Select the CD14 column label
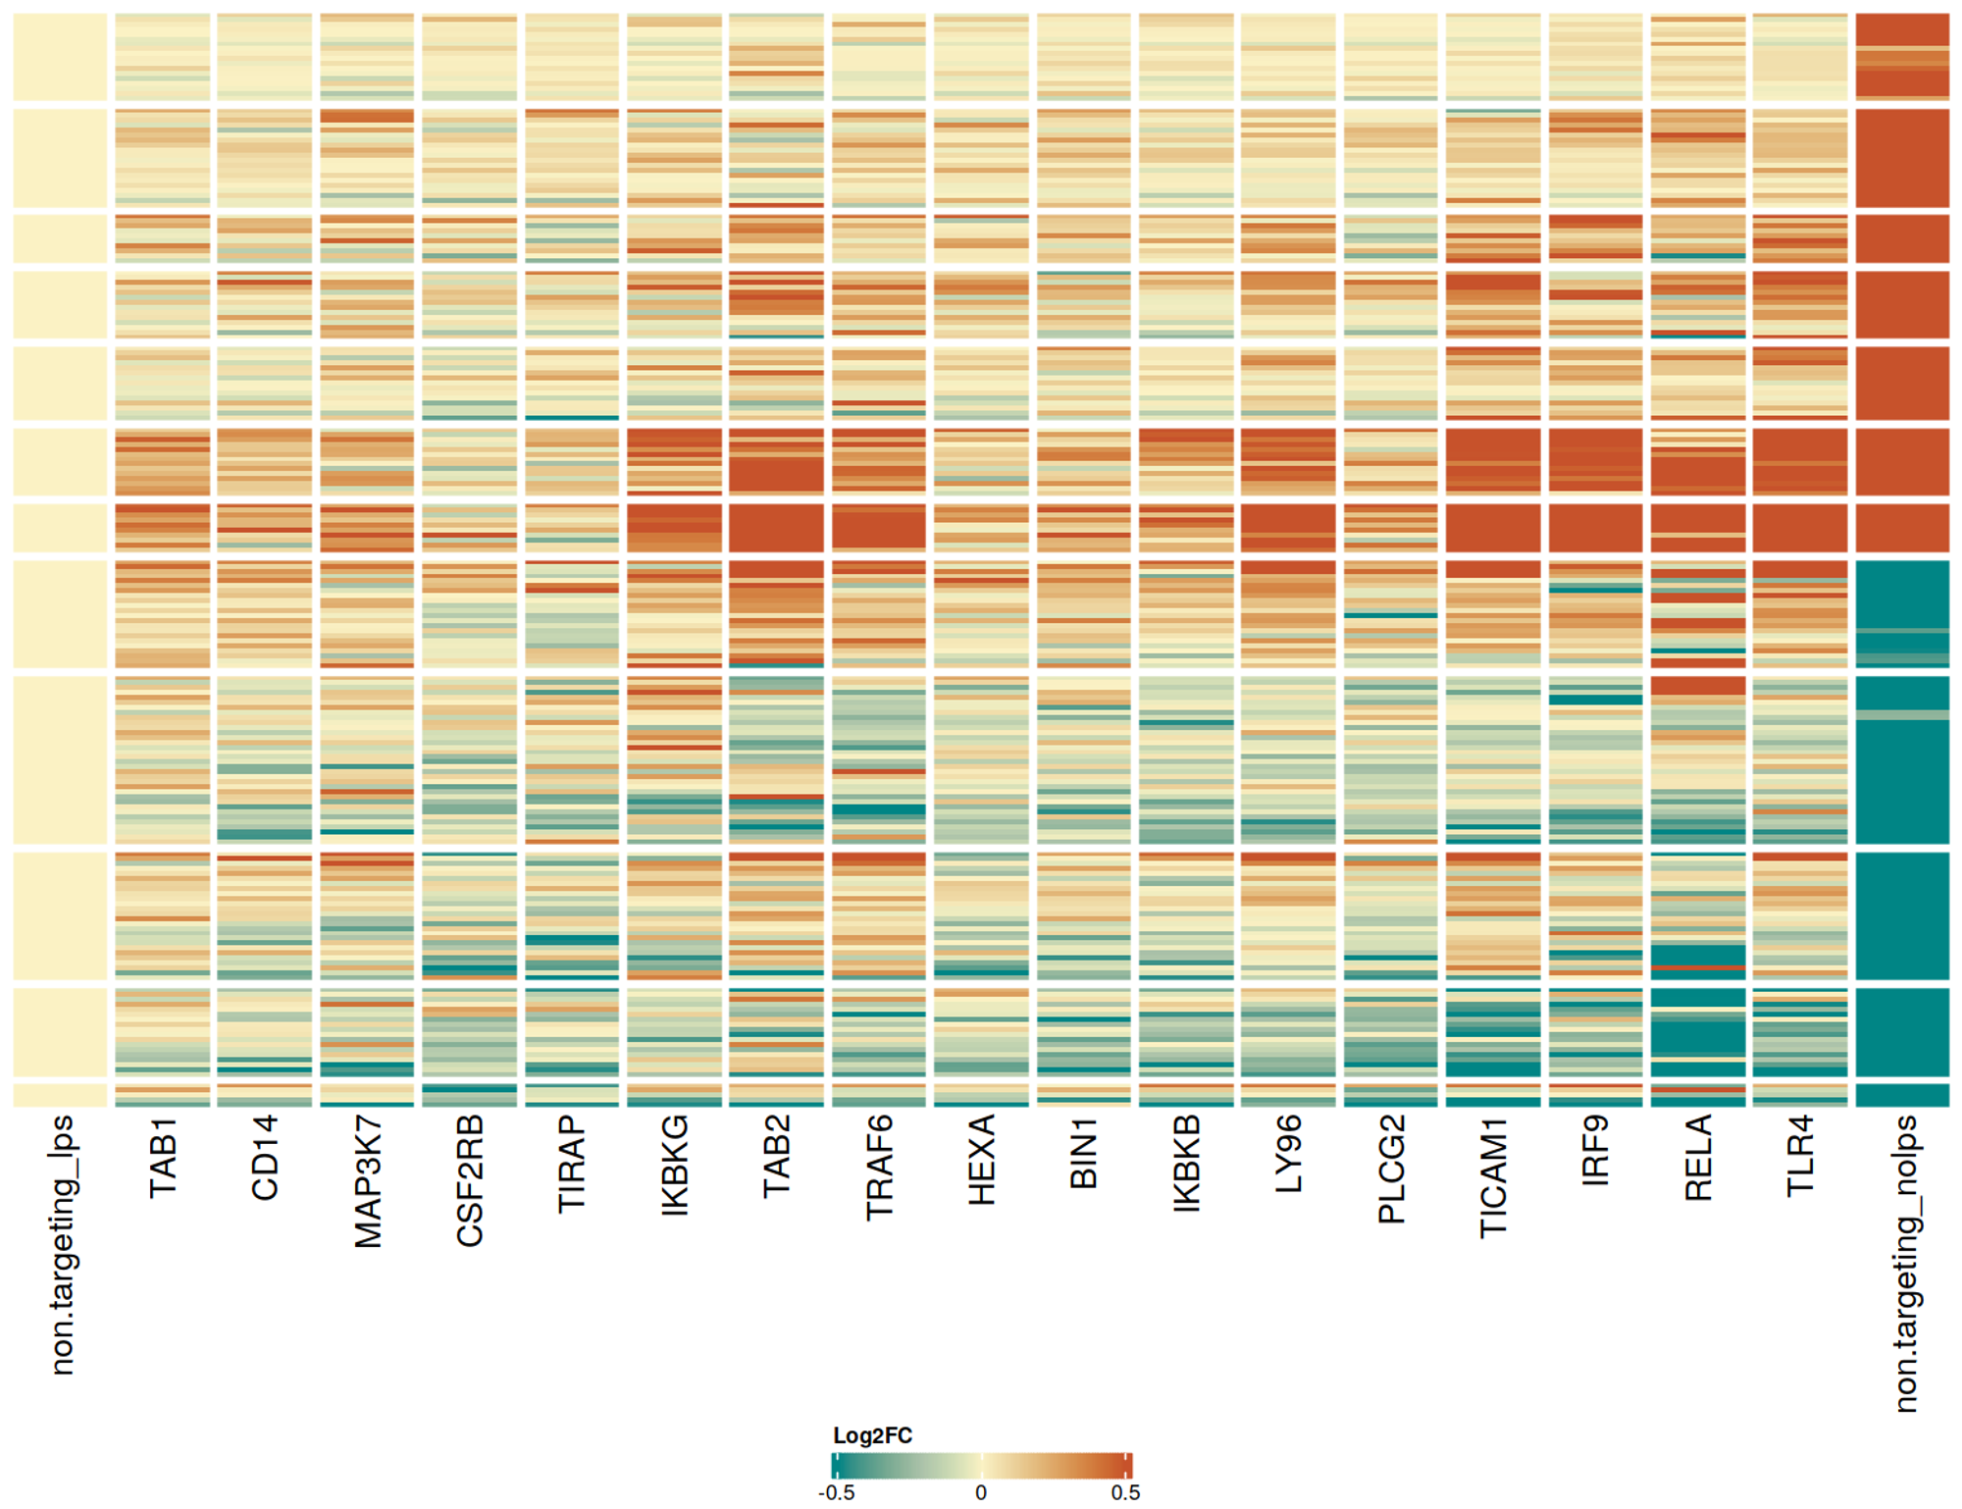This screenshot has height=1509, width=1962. (265, 1157)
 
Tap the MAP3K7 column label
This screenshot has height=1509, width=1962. (368, 1180)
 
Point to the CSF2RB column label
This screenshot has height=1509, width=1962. (470, 1180)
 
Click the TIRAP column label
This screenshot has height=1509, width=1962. (572, 1164)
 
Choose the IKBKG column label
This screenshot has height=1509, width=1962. (675, 1165)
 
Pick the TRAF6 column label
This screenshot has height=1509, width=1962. (879, 1167)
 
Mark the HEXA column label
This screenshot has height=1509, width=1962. (981, 1159)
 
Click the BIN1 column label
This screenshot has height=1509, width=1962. (1084, 1152)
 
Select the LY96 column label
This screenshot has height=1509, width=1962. (1288, 1153)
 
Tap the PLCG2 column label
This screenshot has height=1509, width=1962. (1391, 1169)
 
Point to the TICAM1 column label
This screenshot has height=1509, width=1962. (1493, 1175)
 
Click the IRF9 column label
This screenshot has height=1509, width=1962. (1595, 1150)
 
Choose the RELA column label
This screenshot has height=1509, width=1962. (1698, 1157)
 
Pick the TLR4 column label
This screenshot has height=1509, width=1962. (1800, 1155)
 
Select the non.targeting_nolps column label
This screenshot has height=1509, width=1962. (1904, 1263)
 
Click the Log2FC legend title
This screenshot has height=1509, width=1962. (872, 1435)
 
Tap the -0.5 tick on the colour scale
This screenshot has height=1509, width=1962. (836, 1492)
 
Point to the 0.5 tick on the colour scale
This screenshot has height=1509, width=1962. (1125, 1492)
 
